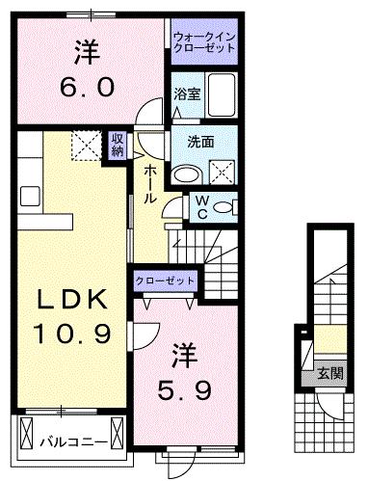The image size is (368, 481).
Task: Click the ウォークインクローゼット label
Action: click(x=204, y=43)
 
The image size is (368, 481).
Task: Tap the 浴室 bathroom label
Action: click(x=187, y=94)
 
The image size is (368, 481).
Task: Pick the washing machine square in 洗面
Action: click(x=224, y=173)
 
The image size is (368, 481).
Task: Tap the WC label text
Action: click(x=202, y=206)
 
